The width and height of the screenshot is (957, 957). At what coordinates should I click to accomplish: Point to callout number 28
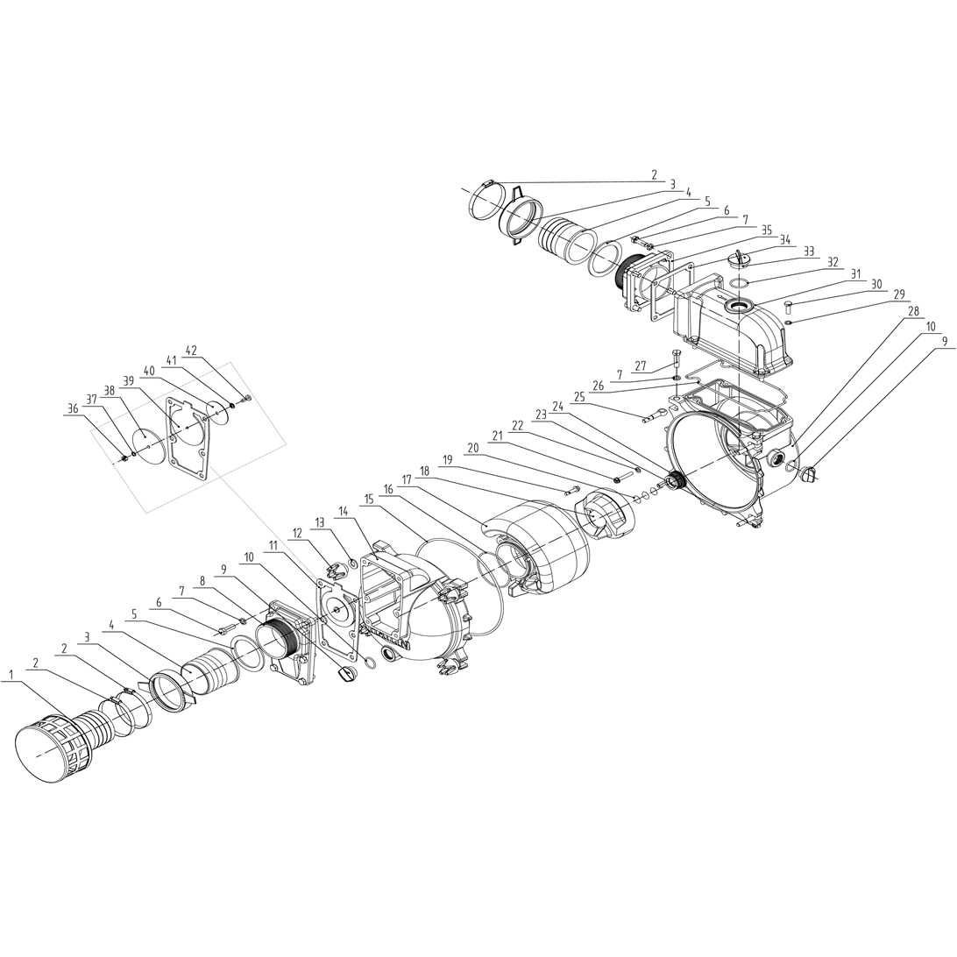[x=913, y=310]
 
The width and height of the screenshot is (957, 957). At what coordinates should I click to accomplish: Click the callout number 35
[x=767, y=230]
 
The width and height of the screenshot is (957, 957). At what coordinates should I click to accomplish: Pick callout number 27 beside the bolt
[x=641, y=366]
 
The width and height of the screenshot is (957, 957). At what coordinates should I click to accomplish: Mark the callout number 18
[x=425, y=471]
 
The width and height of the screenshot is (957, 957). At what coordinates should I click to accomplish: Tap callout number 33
[x=809, y=252]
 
